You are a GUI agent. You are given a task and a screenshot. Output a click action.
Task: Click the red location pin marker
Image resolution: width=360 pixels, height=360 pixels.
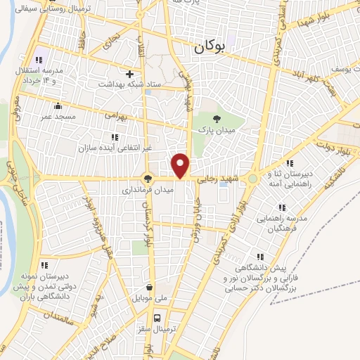coord(181,165)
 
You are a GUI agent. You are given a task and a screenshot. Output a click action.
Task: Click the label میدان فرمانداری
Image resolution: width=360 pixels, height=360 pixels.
coord(148,190)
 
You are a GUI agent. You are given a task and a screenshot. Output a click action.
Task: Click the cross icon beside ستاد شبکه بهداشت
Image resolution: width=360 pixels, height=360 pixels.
coord(129,74)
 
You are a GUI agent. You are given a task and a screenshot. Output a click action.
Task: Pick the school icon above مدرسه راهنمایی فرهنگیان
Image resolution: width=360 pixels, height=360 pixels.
coord(282,208)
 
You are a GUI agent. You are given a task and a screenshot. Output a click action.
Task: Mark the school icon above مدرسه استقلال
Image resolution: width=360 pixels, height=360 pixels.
coord(39,59)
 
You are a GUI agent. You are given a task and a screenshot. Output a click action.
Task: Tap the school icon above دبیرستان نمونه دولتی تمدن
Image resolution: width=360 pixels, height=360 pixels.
coord(44,265)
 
